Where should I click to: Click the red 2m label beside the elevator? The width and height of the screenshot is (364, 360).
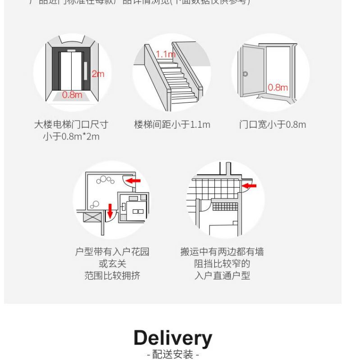click(x=98, y=74)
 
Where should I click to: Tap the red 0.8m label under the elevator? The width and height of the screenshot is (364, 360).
click(x=72, y=94)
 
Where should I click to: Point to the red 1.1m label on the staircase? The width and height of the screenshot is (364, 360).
click(x=165, y=54)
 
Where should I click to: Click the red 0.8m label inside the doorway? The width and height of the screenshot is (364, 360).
click(x=278, y=87)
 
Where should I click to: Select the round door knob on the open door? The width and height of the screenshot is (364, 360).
click(x=246, y=74)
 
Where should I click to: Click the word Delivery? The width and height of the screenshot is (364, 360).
click(x=173, y=338)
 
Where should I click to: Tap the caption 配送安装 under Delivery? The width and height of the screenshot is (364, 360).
click(x=173, y=355)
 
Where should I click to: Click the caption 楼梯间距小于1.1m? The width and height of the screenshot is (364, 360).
click(x=172, y=125)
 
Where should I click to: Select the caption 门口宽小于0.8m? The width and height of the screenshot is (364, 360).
click(x=272, y=125)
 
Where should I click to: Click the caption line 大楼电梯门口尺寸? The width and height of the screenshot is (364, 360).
click(x=72, y=125)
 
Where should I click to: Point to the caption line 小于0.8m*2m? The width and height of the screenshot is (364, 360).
click(x=72, y=136)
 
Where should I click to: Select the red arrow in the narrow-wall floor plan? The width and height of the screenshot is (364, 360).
click(x=248, y=185)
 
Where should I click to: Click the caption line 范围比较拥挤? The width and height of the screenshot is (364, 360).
click(x=112, y=275)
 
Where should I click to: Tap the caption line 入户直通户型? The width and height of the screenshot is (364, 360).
click(x=222, y=275)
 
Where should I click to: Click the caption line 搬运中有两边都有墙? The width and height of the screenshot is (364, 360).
click(x=222, y=252)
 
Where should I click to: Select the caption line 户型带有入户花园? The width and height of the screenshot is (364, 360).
click(x=112, y=252)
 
